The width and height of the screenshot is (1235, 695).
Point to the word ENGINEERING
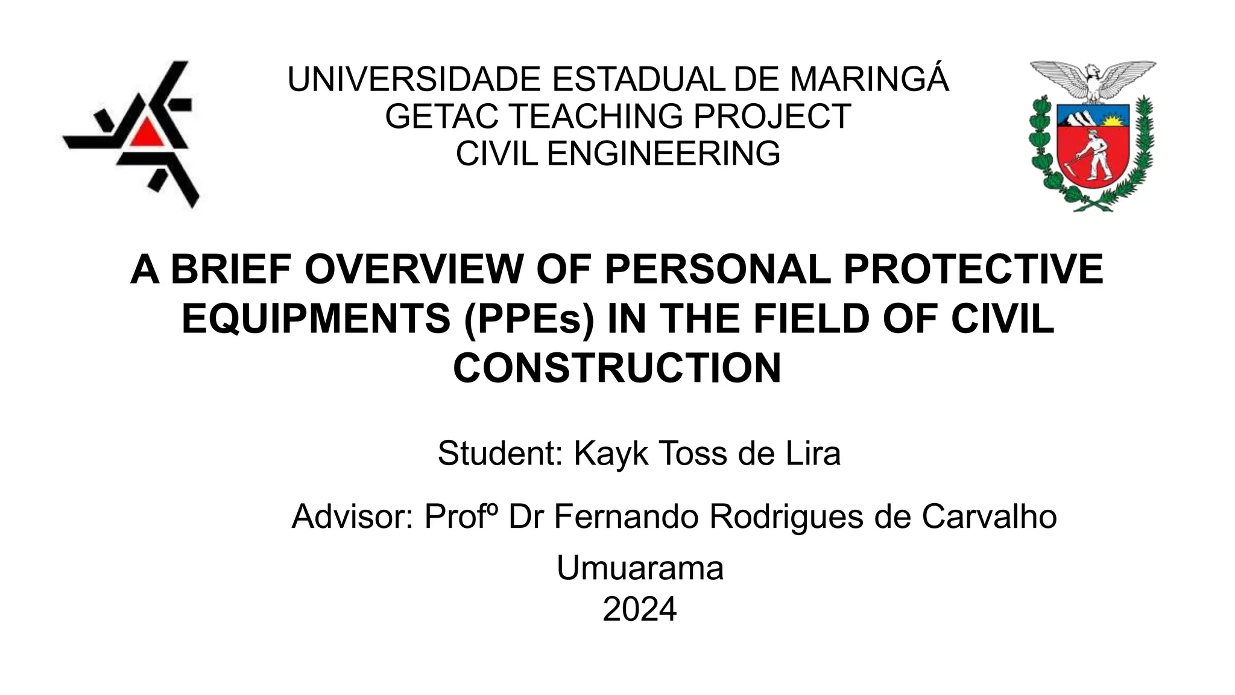point(663,153)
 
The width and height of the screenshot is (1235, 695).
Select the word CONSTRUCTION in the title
point(617,368)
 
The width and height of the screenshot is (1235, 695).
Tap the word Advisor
point(352,516)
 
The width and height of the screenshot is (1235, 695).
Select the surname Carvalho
point(989,516)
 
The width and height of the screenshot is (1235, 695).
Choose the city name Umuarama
point(640,568)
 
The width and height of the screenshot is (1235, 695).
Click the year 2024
point(640,609)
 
